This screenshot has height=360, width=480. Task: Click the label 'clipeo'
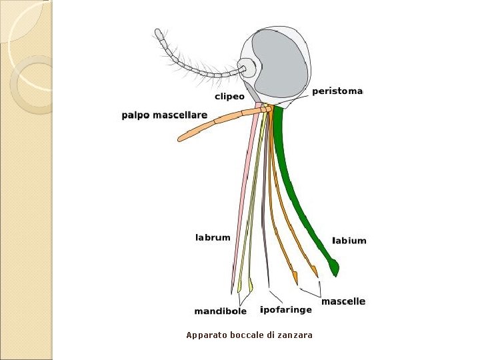(229, 96)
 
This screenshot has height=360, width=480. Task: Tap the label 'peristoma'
(337, 91)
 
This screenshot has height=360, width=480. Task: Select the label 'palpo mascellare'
(164, 115)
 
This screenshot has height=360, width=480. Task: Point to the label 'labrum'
(213, 237)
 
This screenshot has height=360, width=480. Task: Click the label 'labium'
(349, 241)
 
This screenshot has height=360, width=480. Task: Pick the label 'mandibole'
(220, 311)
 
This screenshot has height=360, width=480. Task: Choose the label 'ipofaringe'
(285, 310)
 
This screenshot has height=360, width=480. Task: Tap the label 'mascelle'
(343, 301)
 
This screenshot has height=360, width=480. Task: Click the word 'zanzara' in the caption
(295, 335)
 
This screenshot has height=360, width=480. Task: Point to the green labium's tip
(335, 269)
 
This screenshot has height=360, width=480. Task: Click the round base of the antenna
(247, 67)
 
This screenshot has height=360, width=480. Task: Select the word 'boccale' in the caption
(247, 335)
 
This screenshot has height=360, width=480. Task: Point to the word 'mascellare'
(183, 115)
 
